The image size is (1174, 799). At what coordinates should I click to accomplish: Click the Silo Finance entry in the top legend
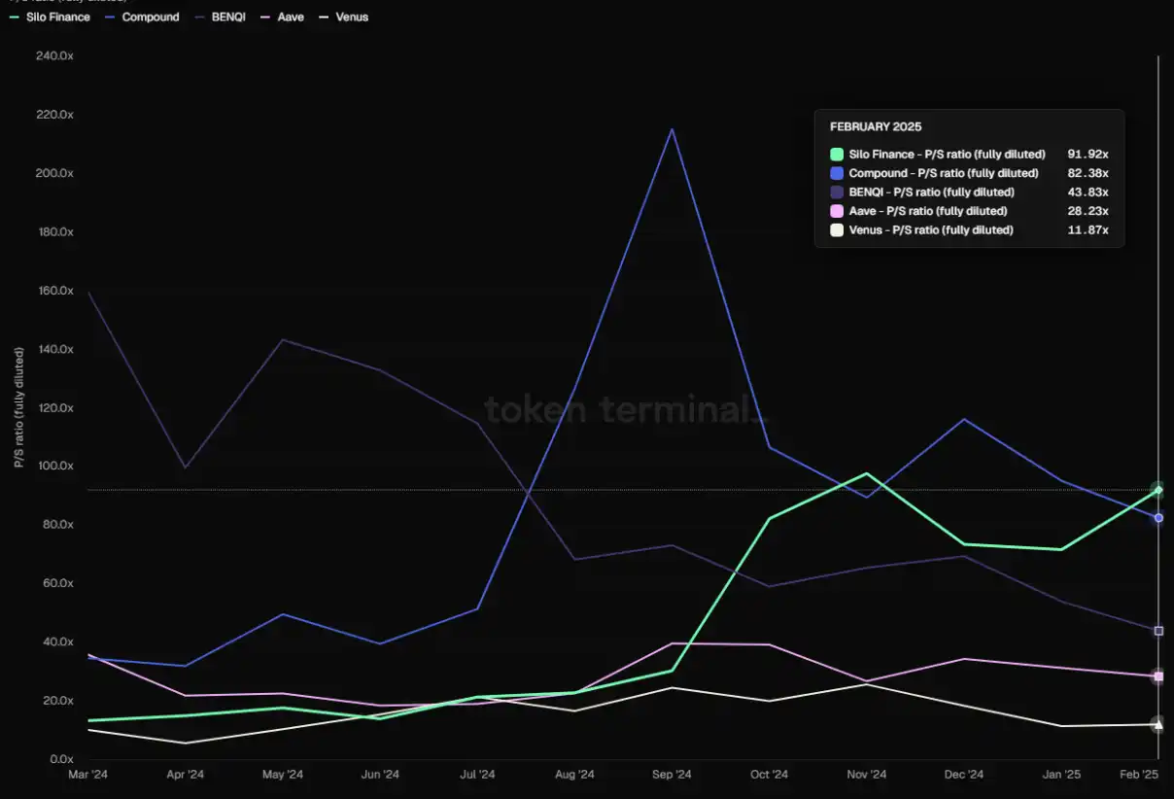(x=55, y=17)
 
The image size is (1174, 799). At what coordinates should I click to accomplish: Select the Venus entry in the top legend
(x=351, y=17)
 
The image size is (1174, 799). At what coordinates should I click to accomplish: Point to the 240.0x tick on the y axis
(x=54, y=56)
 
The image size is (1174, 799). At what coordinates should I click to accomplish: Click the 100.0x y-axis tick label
(x=54, y=466)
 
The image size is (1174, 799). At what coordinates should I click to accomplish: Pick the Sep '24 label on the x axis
(x=672, y=775)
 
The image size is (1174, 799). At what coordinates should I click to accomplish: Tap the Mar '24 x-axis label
(x=87, y=775)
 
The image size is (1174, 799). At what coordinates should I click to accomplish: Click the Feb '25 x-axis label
(x=1138, y=775)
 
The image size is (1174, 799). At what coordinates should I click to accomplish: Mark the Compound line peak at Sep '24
(x=672, y=129)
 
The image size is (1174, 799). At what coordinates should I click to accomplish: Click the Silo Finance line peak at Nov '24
(x=866, y=473)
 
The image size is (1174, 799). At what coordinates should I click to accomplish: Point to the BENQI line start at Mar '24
(x=88, y=293)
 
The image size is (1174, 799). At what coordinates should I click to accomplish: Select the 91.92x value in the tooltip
(x=1088, y=154)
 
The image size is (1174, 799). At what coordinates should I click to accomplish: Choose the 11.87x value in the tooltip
(x=1088, y=230)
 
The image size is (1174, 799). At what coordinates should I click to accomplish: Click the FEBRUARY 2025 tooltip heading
(x=876, y=126)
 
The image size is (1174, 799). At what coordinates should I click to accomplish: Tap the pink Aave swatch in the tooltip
(x=836, y=211)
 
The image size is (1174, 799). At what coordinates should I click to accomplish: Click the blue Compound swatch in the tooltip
(x=836, y=173)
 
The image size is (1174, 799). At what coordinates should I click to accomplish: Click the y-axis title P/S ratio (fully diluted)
(x=18, y=407)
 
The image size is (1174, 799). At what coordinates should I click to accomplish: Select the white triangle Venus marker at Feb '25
(x=1157, y=724)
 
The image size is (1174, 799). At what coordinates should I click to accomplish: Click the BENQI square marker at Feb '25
(x=1157, y=631)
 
